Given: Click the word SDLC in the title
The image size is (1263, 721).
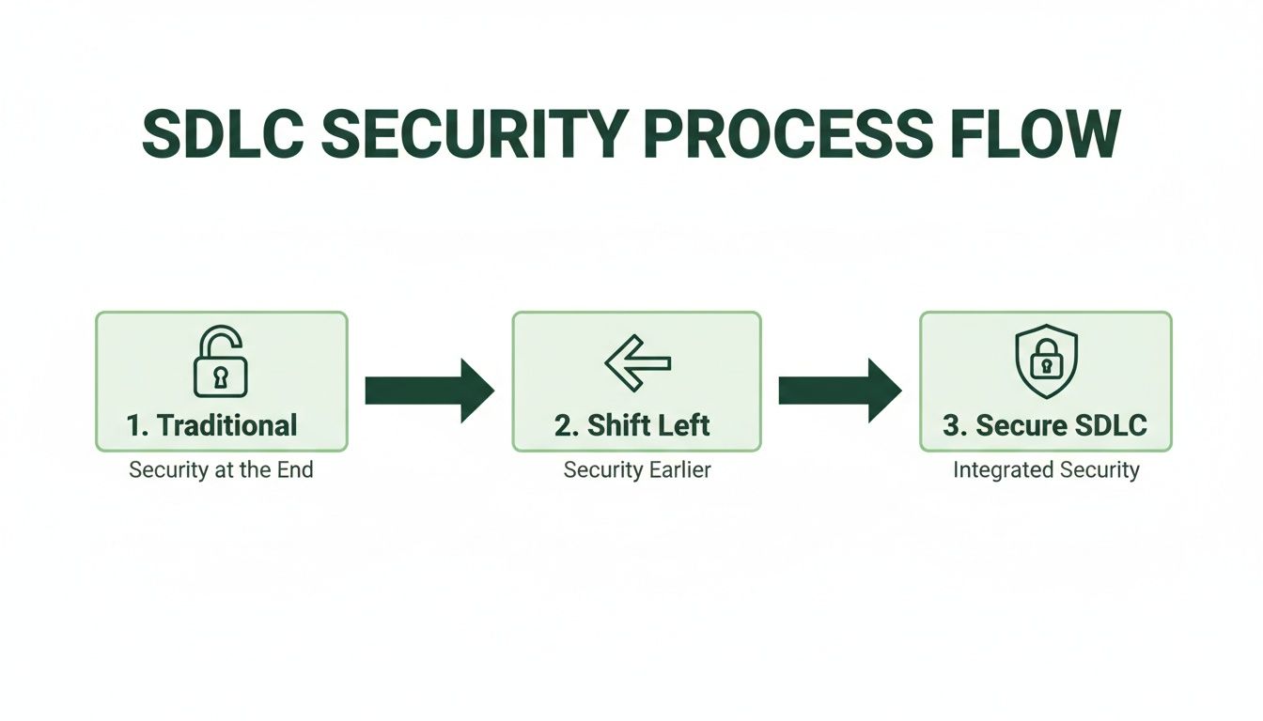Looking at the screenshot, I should (x=222, y=134).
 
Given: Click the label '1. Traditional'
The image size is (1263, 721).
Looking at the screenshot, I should (x=212, y=425).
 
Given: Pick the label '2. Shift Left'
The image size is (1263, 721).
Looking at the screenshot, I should (x=632, y=425).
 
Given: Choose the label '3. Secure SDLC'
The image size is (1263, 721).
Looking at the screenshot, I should (x=1045, y=425).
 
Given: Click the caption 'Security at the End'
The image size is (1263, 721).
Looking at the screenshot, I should (x=221, y=470).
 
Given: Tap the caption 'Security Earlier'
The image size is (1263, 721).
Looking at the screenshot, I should (x=637, y=470).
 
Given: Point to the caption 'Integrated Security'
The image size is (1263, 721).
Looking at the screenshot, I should (x=1046, y=470).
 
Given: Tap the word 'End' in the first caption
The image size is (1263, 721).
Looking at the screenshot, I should (x=294, y=470).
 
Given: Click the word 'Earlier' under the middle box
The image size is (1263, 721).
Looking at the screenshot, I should (x=679, y=470).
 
